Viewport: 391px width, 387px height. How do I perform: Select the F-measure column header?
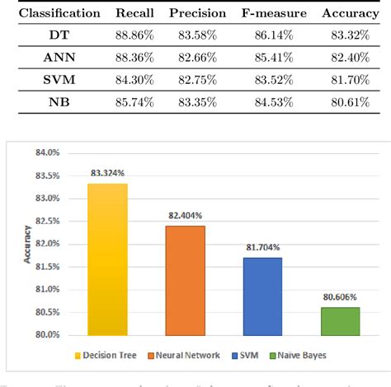(276, 14)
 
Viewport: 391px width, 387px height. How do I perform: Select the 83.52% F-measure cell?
(276, 81)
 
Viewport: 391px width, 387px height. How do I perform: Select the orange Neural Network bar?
(185, 280)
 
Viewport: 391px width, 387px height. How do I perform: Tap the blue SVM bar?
(261, 296)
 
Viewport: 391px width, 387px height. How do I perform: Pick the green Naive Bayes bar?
(339, 321)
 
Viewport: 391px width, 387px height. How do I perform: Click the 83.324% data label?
(108, 174)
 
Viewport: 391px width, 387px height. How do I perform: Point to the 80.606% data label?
(339, 298)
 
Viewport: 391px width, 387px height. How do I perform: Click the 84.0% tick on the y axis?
(47, 153)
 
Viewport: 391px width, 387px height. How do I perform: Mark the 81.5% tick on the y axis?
(47, 267)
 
